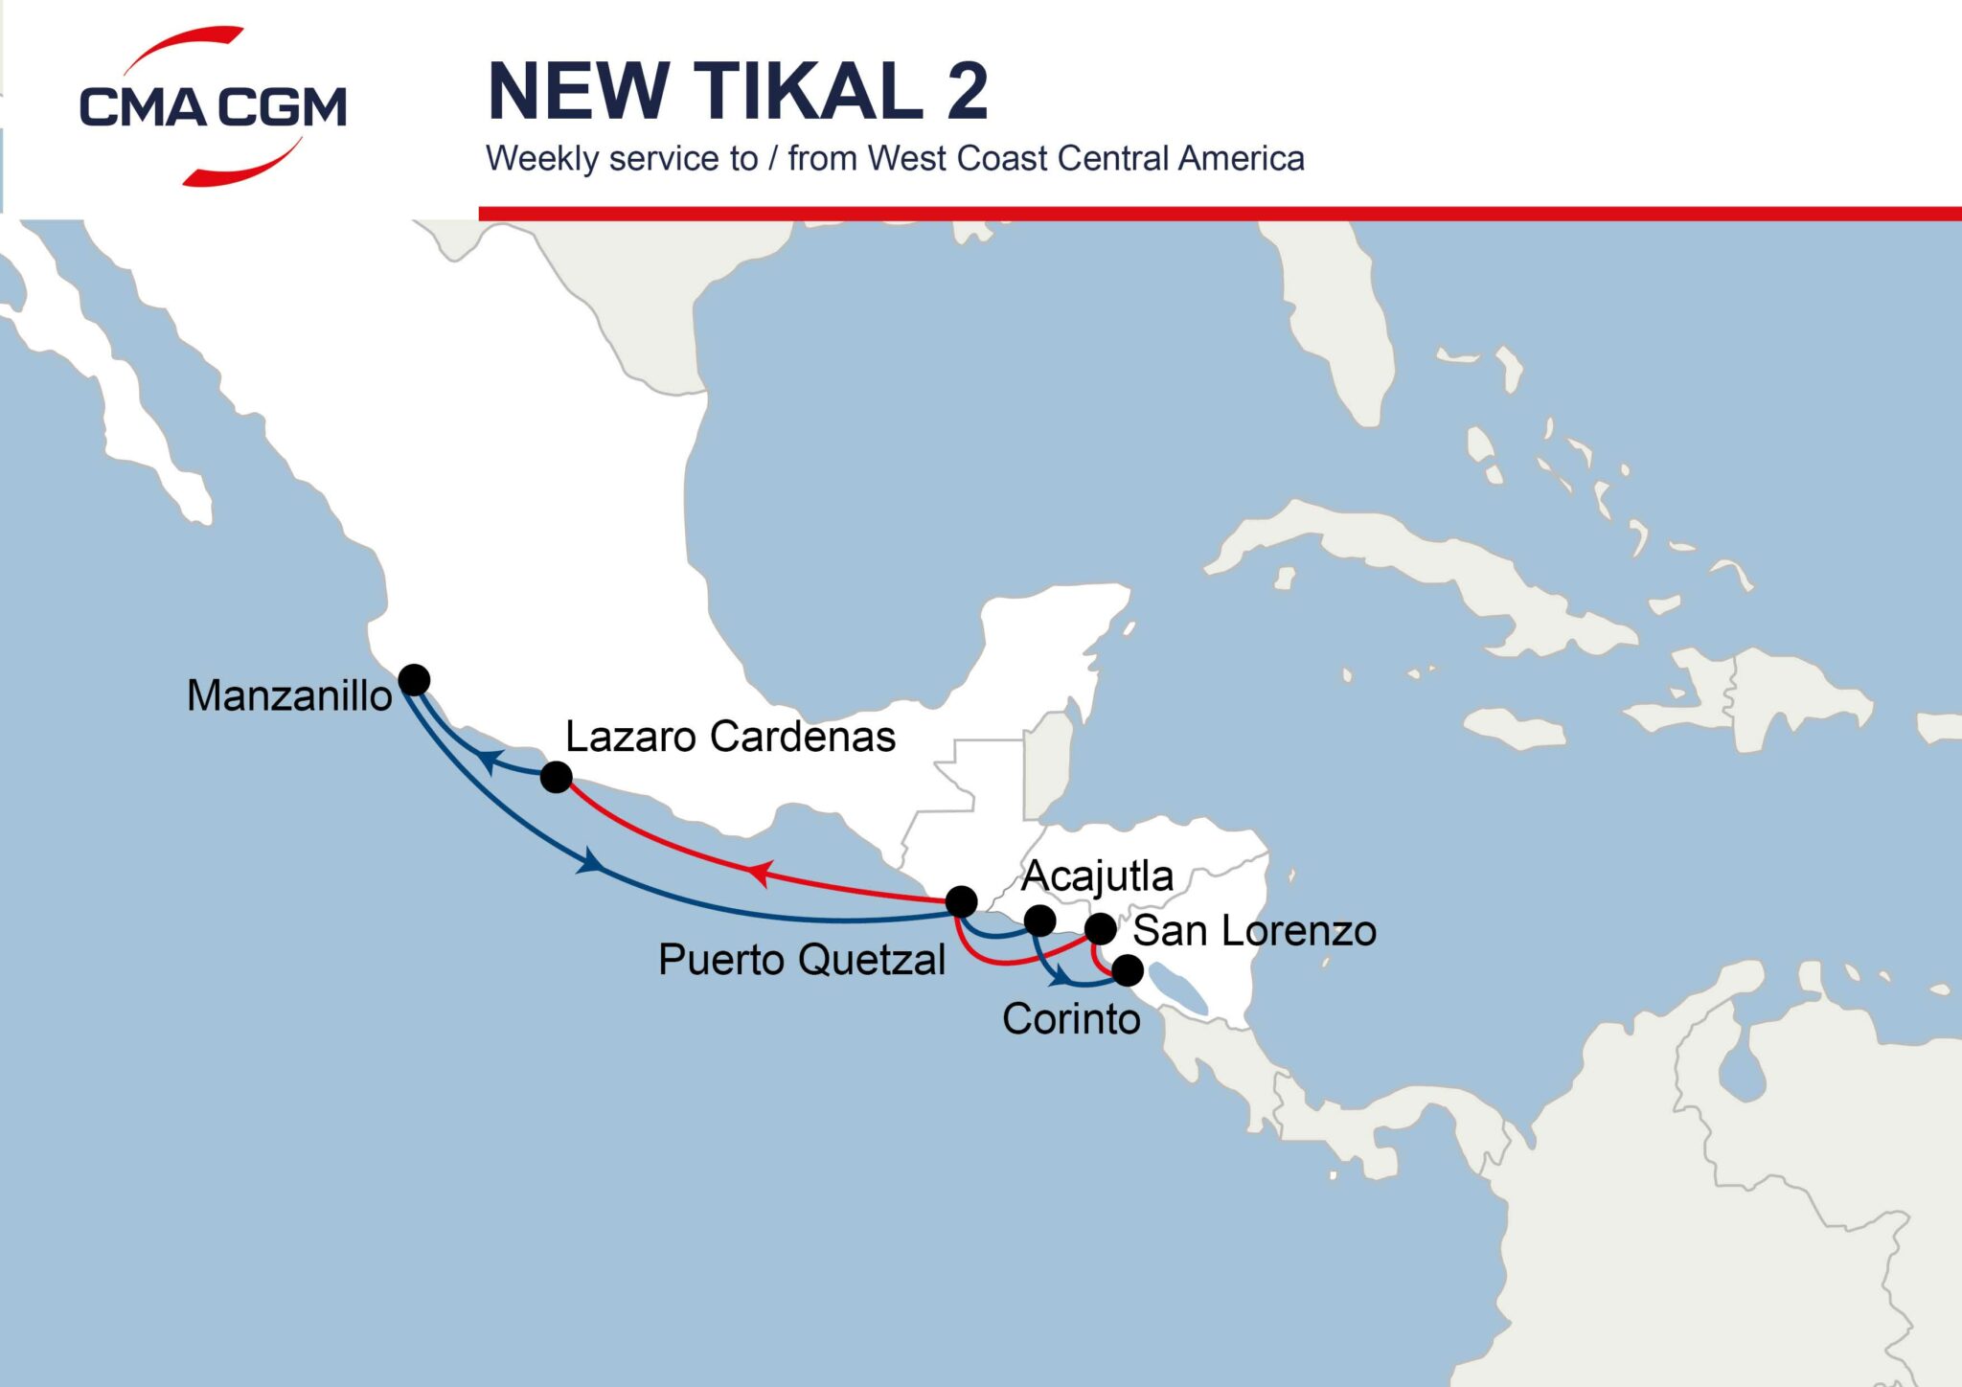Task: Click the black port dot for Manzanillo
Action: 414,680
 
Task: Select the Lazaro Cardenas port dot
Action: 557,776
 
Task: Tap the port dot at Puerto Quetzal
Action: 961,901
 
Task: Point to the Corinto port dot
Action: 1128,970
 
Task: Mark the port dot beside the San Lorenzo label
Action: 1100,928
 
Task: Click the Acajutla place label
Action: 1097,875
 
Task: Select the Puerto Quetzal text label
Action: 802,960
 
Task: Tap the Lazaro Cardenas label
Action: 730,737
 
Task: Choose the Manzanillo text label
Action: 289,695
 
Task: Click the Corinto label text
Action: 1071,1019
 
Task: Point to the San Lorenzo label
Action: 1254,931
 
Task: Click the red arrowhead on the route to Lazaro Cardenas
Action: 760,873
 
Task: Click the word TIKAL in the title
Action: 807,92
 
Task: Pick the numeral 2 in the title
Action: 967,92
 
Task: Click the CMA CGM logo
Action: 213,105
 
